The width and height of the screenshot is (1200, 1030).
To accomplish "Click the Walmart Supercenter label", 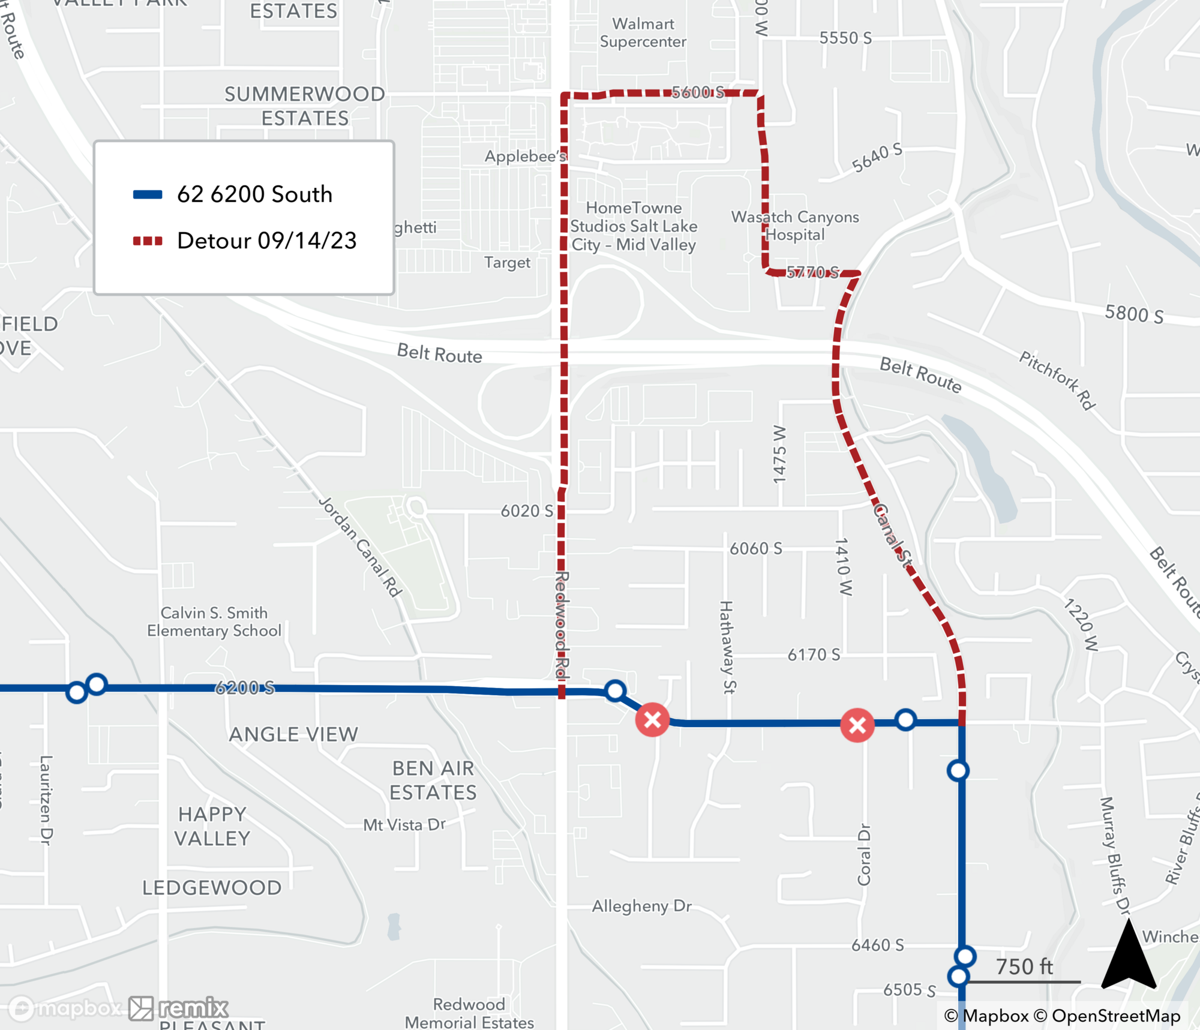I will click(x=643, y=33).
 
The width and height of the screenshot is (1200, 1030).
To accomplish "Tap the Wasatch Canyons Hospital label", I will click(x=794, y=226).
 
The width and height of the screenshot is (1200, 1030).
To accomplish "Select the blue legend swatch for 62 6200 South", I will click(x=148, y=194).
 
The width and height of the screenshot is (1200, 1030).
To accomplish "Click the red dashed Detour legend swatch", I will click(x=148, y=241).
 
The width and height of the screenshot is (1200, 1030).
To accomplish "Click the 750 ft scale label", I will click(x=1024, y=966).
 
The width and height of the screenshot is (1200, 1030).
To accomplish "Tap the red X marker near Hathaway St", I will click(x=653, y=719).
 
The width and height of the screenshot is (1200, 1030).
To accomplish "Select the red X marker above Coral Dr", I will click(x=857, y=725).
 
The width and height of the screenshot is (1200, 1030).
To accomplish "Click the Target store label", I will click(x=507, y=263).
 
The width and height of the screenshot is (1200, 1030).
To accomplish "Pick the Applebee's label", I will click(x=525, y=157).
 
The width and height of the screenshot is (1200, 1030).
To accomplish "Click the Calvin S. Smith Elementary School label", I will click(x=214, y=621).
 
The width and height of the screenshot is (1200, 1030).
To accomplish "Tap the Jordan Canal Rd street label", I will click(x=359, y=546).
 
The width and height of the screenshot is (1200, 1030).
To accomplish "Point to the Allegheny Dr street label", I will click(x=641, y=906).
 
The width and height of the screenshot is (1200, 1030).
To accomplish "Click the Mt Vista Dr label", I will click(x=404, y=825).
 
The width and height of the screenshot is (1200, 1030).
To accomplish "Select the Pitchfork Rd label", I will click(x=1057, y=380).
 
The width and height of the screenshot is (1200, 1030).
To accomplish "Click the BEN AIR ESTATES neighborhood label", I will click(x=433, y=780).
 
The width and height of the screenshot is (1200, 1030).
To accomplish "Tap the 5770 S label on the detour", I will click(x=812, y=273).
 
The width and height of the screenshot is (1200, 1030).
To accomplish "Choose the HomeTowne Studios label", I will click(x=634, y=226).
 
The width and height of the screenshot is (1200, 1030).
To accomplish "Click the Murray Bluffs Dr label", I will click(x=1115, y=855).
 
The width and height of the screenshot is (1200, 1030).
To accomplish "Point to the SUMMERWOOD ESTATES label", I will click(x=305, y=106).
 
